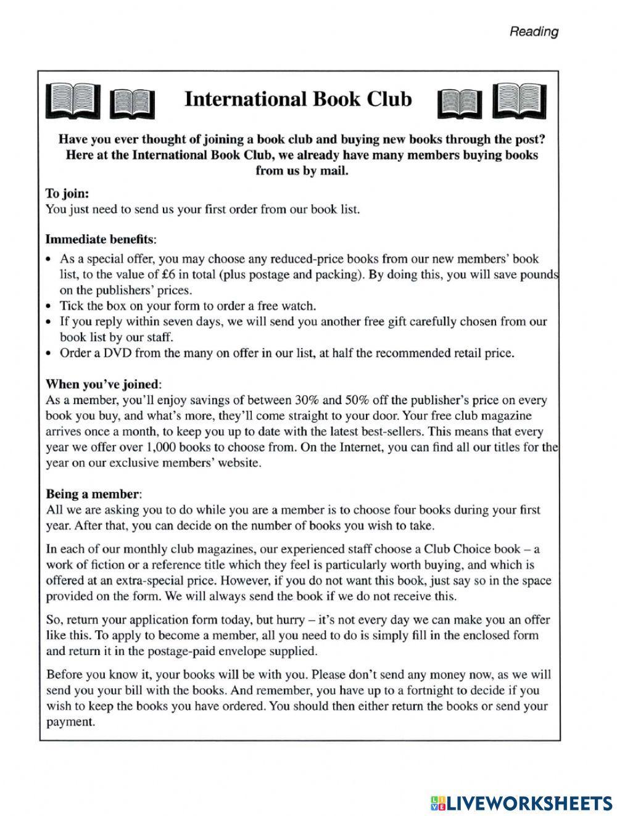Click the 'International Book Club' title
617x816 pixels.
298,99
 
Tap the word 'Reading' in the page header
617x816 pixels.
534,31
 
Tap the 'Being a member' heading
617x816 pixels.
94,494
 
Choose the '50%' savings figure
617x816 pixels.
352,400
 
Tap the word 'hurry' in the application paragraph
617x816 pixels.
303,620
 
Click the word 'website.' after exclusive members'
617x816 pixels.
241,463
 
